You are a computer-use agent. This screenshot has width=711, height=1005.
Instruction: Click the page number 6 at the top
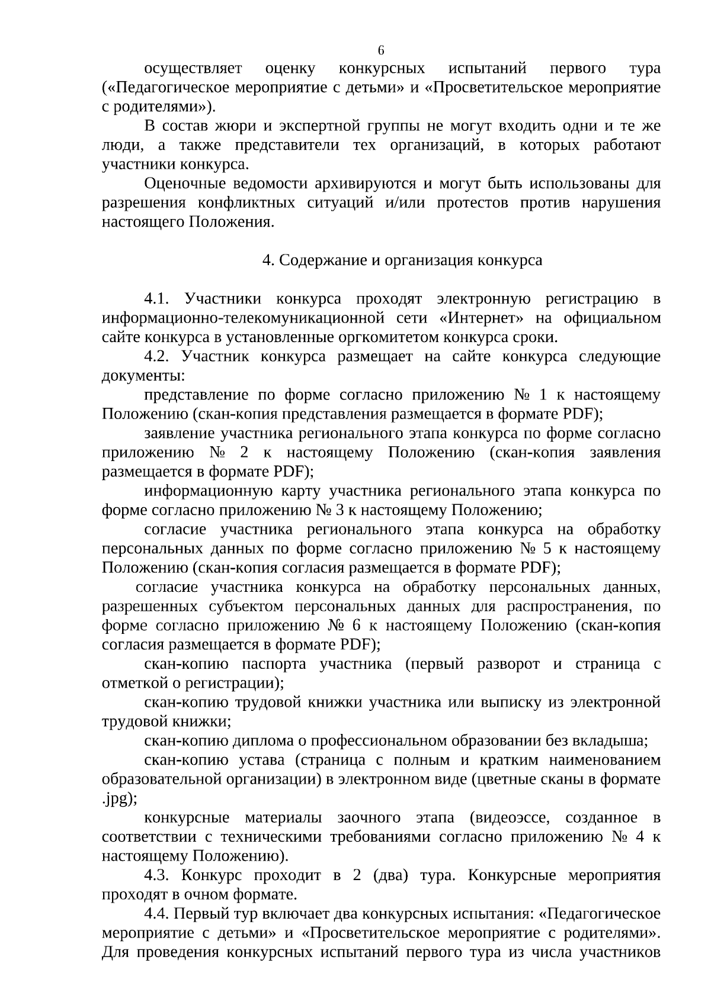click(x=381, y=50)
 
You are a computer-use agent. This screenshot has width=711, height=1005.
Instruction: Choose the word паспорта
click(x=277, y=664)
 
